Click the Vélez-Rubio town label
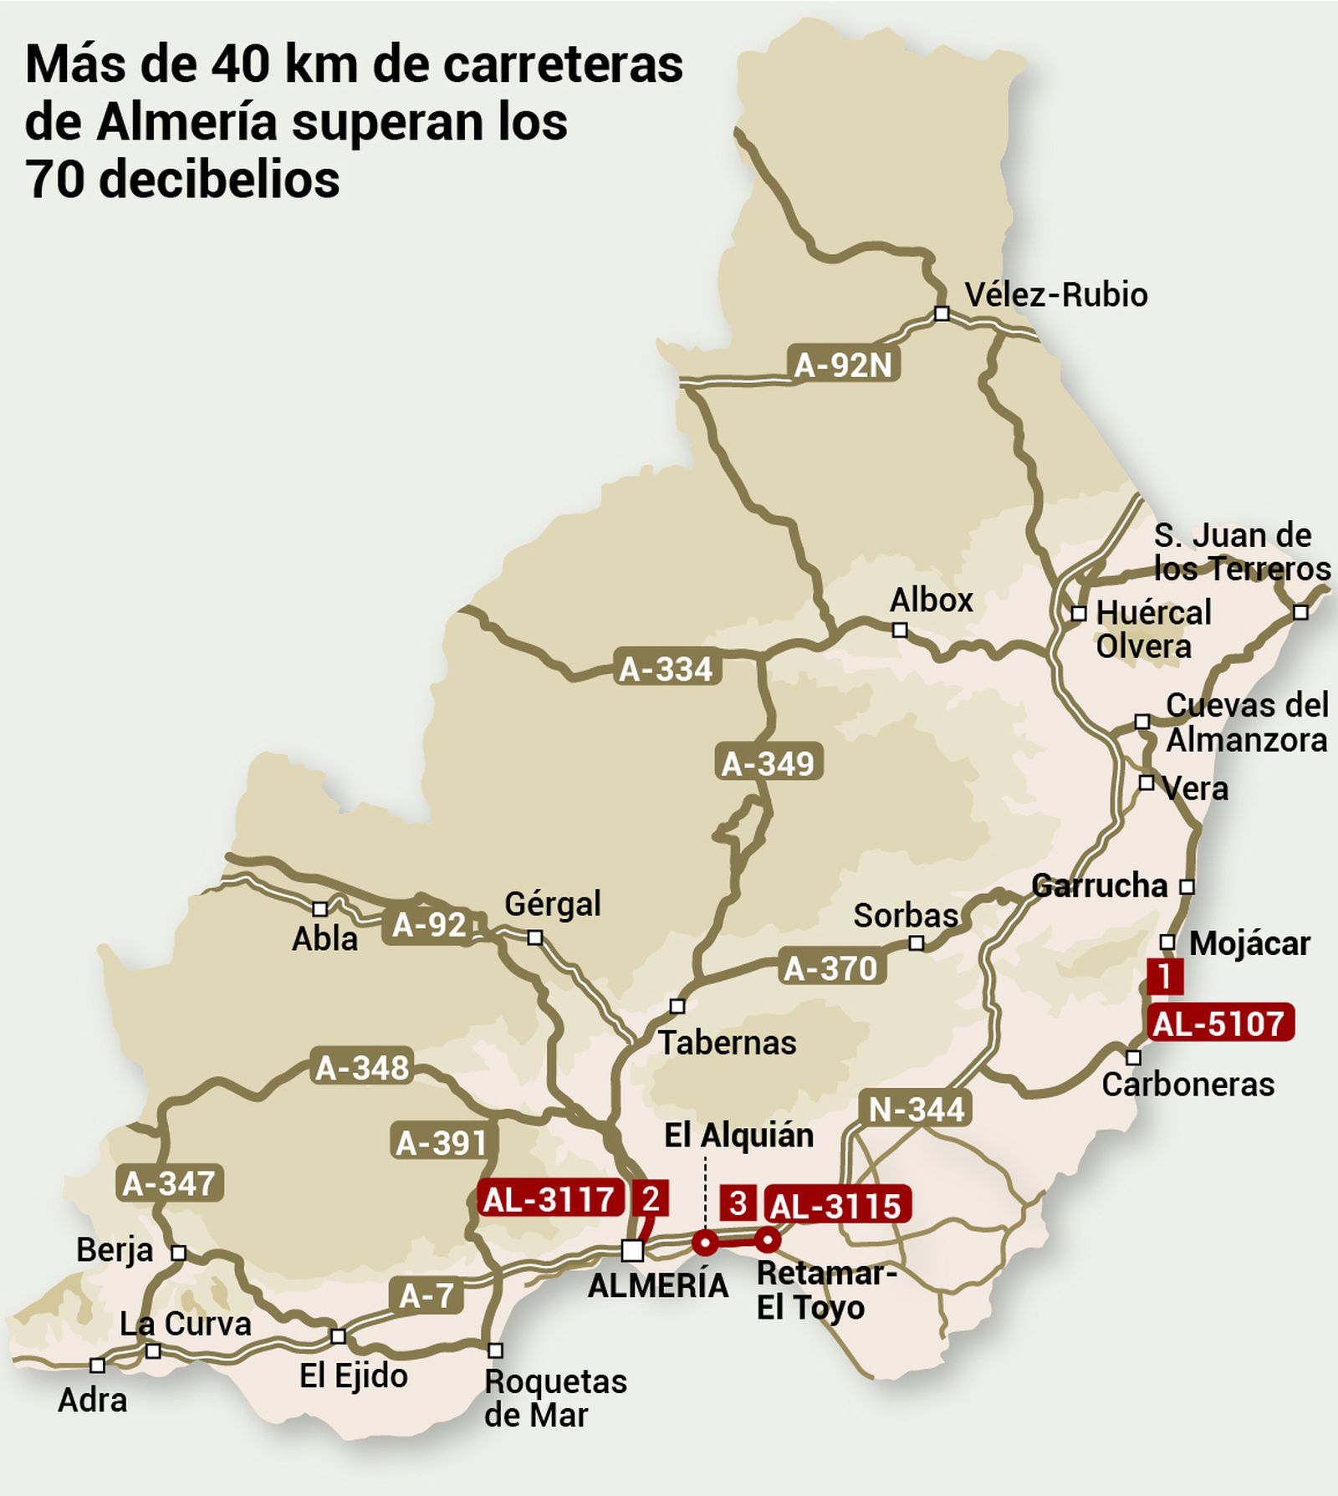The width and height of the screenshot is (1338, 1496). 1055,294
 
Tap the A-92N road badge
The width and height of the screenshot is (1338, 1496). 843,365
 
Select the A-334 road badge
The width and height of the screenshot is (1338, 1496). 666,669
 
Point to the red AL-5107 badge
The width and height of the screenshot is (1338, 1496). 1219,1024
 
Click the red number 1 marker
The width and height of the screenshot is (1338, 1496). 1165,977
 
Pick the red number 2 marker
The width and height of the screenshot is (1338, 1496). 651,1198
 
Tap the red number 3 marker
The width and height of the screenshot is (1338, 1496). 738,1204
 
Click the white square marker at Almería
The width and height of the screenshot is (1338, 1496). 633,1250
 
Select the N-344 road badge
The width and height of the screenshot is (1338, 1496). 917,1110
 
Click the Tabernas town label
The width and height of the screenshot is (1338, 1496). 727,1043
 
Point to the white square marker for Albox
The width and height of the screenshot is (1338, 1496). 900,630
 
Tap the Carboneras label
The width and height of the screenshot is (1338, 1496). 1187,1085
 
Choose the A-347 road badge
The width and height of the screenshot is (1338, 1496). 169,1183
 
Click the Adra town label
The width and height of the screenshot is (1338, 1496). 92,1400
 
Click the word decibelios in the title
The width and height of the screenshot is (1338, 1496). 219,179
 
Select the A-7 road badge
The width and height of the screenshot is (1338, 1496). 426,1296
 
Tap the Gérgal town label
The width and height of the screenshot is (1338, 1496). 553,904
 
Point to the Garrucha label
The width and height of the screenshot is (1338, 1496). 1099,886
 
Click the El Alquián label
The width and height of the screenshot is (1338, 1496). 738,1136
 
